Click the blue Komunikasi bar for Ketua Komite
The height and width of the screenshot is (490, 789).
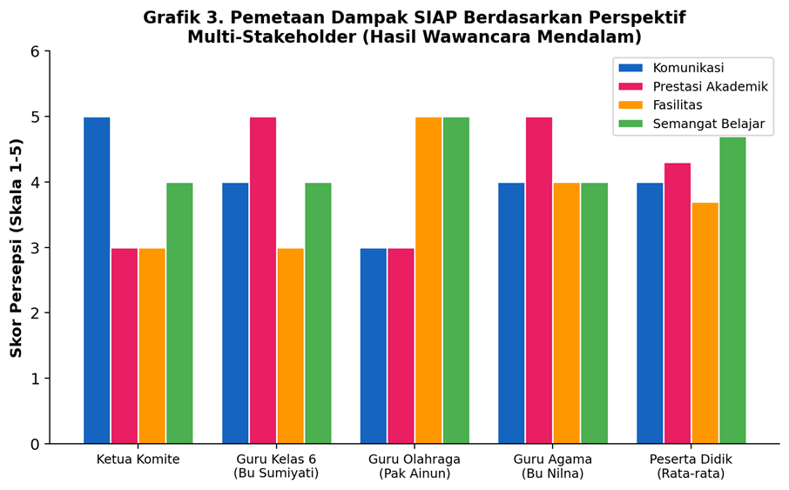coord(97,280)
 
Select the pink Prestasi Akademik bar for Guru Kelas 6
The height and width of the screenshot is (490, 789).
coord(263,280)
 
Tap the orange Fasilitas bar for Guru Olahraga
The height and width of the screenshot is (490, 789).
coord(428,280)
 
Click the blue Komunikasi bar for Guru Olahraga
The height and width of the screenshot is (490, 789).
coord(374,346)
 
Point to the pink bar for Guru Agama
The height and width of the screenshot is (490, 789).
coord(539,280)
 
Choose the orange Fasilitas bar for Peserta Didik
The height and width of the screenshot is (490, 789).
coord(705,323)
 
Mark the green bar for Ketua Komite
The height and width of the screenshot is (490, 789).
coord(179,313)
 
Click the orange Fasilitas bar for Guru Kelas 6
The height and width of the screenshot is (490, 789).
coord(291,346)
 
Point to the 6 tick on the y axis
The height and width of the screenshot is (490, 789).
coord(35,51)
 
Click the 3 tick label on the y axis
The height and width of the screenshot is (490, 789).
coord(35,248)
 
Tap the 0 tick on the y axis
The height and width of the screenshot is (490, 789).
coord(35,444)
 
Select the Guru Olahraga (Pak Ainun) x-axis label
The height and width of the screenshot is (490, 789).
coord(415,467)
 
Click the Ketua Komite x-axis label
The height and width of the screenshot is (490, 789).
coord(138,460)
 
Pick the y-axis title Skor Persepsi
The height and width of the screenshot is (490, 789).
coord(17,248)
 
